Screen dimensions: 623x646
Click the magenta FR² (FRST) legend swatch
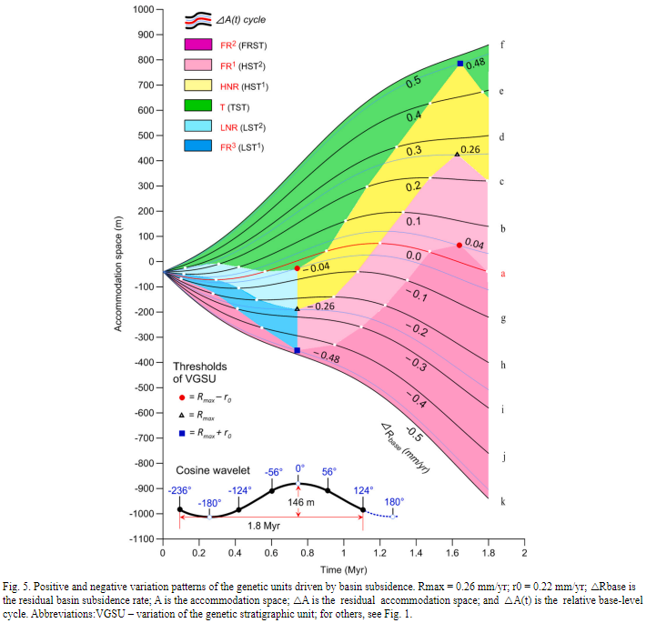click(x=197, y=45)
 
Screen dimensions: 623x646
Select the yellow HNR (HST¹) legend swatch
click(x=197, y=86)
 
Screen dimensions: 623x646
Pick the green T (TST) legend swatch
click(x=197, y=107)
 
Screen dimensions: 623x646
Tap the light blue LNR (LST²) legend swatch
click(x=197, y=128)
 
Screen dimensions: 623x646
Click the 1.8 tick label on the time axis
click(x=489, y=552)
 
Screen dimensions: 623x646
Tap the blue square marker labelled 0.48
click(x=460, y=64)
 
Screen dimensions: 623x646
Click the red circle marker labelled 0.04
click(x=459, y=245)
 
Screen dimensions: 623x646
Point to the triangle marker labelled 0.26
click(x=457, y=154)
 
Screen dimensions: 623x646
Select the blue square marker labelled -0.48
click(x=298, y=350)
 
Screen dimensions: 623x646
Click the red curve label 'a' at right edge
click(x=503, y=272)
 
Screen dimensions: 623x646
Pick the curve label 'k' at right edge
click(x=503, y=500)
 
